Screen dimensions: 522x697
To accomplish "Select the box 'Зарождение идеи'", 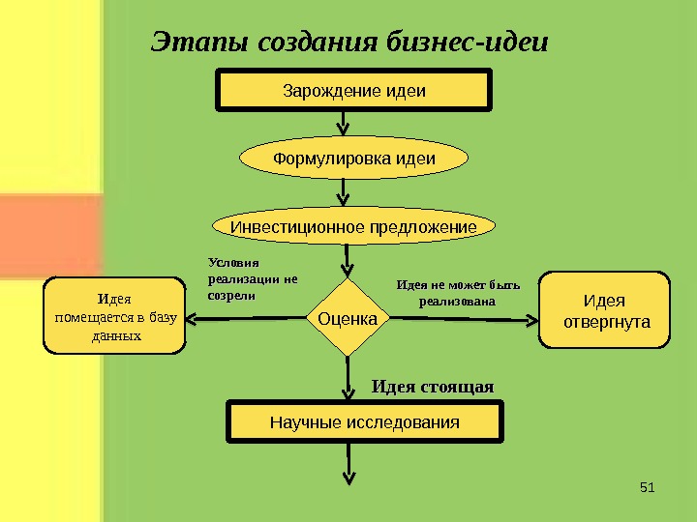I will pyautogui.click(x=354, y=92).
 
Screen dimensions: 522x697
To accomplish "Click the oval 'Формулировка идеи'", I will pyautogui.click(x=354, y=159).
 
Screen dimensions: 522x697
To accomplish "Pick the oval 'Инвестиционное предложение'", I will pyautogui.click(x=353, y=227).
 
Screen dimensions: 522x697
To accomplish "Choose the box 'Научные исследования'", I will pyautogui.click(x=365, y=423).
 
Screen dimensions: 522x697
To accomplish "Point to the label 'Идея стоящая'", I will pyautogui.click(x=433, y=387).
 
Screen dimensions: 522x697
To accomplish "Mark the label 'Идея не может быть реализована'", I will pyautogui.click(x=459, y=293).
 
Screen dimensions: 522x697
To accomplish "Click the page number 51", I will pyautogui.click(x=648, y=485).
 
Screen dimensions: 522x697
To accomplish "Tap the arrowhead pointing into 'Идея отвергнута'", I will pyautogui.click(x=531, y=318).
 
